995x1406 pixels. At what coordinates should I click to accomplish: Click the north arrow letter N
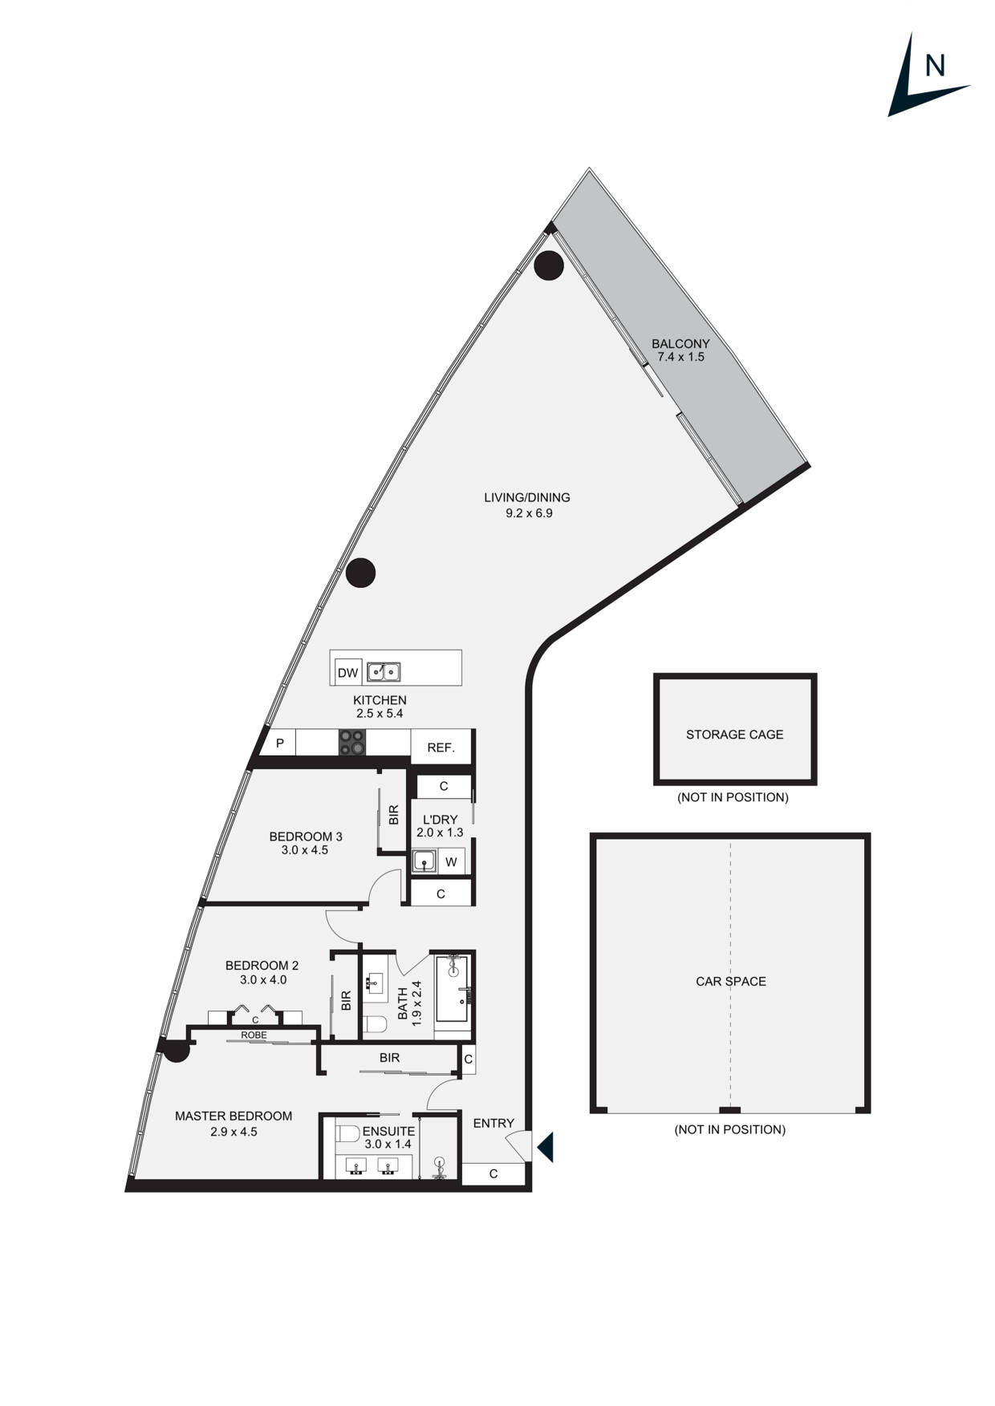point(934,66)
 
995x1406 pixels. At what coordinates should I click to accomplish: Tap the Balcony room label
point(680,343)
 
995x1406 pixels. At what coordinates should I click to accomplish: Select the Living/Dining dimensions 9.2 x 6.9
point(529,513)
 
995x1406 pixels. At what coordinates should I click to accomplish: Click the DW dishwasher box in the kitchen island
point(347,673)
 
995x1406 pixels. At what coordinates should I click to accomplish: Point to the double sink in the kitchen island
point(383,672)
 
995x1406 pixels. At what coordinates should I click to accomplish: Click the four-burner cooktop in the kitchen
point(351,742)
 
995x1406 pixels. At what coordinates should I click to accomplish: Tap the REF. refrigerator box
point(441,748)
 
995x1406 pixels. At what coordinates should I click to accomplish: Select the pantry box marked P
point(280,744)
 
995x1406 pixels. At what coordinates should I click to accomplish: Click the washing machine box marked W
point(451,862)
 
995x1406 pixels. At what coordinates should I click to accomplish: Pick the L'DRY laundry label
point(440,820)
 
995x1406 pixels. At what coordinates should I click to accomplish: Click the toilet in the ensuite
point(348,1133)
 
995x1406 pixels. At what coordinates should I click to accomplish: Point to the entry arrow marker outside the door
point(546,1147)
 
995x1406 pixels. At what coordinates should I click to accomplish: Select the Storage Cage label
point(734,734)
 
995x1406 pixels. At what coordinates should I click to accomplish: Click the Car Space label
point(730,981)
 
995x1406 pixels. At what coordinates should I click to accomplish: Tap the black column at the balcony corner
point(549,265)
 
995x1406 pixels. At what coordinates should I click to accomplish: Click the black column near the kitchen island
point(361,572)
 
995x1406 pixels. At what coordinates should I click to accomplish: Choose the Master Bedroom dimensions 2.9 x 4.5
point(234,1132)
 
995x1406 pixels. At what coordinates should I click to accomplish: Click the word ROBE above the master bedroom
point(254,1035)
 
